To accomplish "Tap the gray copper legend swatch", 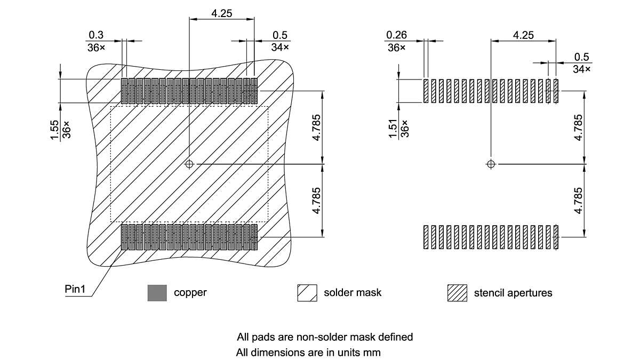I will (157, 293).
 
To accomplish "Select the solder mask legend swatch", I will (307, 293).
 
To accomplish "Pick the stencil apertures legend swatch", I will (457, 293).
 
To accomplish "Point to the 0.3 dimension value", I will (96, 35).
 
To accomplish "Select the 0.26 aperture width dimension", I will (396, 35).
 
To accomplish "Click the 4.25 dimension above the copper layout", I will (221, 14).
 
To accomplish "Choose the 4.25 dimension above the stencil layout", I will (523, 35).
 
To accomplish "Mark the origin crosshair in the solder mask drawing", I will (189, 164).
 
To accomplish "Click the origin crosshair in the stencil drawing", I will (491, 164).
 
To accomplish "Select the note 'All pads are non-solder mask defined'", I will (325, 337).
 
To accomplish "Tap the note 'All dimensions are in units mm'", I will (309, 353).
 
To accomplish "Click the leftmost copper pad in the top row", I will (124, 91).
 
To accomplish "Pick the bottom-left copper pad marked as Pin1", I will (124, 237).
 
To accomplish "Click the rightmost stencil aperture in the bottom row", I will (556, 237).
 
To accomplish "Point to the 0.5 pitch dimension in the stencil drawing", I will (581, 57).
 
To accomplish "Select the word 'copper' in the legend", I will (190, 293).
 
